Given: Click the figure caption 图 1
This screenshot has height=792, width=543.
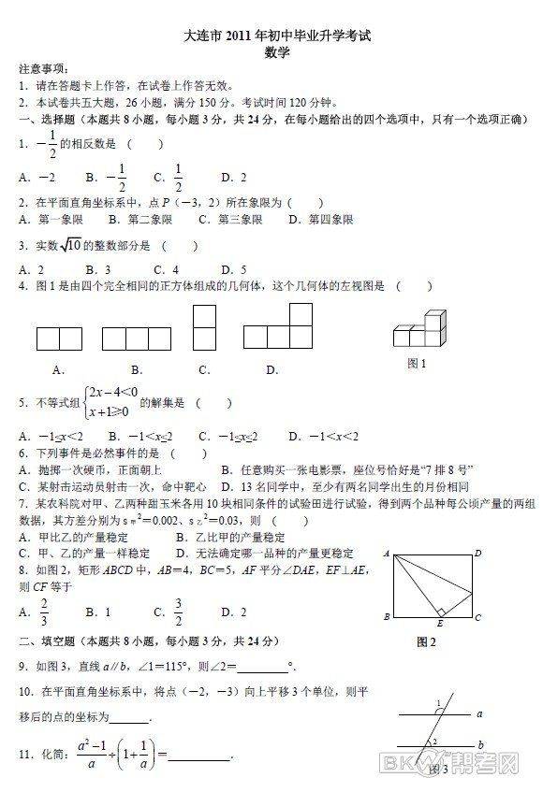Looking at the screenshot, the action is (417, 364).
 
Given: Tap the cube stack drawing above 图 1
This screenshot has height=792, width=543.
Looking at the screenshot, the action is (418, 328).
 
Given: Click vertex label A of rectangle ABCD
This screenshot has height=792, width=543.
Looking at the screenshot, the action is (386, 554).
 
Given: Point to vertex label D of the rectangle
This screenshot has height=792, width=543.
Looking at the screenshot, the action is (477, 554).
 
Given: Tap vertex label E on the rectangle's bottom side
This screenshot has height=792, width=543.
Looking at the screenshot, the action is (440, 624).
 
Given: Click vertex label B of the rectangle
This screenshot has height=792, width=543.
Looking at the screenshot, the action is (386, 617).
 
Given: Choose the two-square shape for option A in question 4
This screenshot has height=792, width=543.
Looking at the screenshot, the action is (59, 338).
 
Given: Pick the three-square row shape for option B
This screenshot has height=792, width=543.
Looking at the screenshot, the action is (136, 338).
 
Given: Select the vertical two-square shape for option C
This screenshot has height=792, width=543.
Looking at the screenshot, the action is (204, 327).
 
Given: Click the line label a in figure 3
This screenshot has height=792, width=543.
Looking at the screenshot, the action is (478, 713).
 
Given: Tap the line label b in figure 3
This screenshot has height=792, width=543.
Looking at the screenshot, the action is (479, 744).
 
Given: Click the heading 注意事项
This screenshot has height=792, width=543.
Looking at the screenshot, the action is (43, 70).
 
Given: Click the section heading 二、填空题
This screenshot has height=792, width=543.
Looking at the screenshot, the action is (47, 641).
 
